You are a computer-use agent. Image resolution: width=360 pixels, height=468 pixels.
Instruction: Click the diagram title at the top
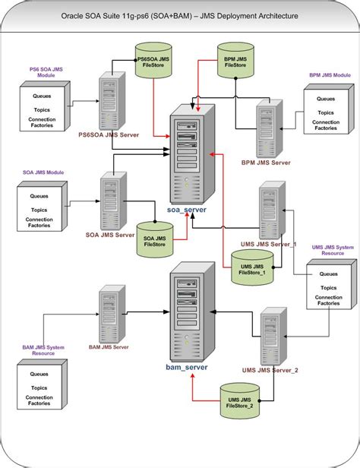[180, 14]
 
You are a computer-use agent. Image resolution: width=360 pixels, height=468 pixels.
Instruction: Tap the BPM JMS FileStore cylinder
[232, 63]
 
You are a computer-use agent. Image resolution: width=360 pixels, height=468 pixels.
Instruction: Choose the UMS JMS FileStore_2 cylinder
[239, 398]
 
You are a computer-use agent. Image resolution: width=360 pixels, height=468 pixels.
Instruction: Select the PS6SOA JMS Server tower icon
[112, 102]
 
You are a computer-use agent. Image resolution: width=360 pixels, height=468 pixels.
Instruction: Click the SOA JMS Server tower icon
[109, 198]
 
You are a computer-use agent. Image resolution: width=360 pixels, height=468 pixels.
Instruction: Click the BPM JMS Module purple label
[330, 76]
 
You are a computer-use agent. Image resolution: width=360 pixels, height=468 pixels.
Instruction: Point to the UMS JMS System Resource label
[333, 250]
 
